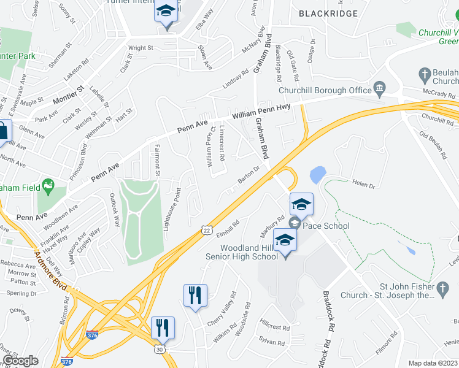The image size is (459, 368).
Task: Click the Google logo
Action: pyautogui.click(x=20, y=361)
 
